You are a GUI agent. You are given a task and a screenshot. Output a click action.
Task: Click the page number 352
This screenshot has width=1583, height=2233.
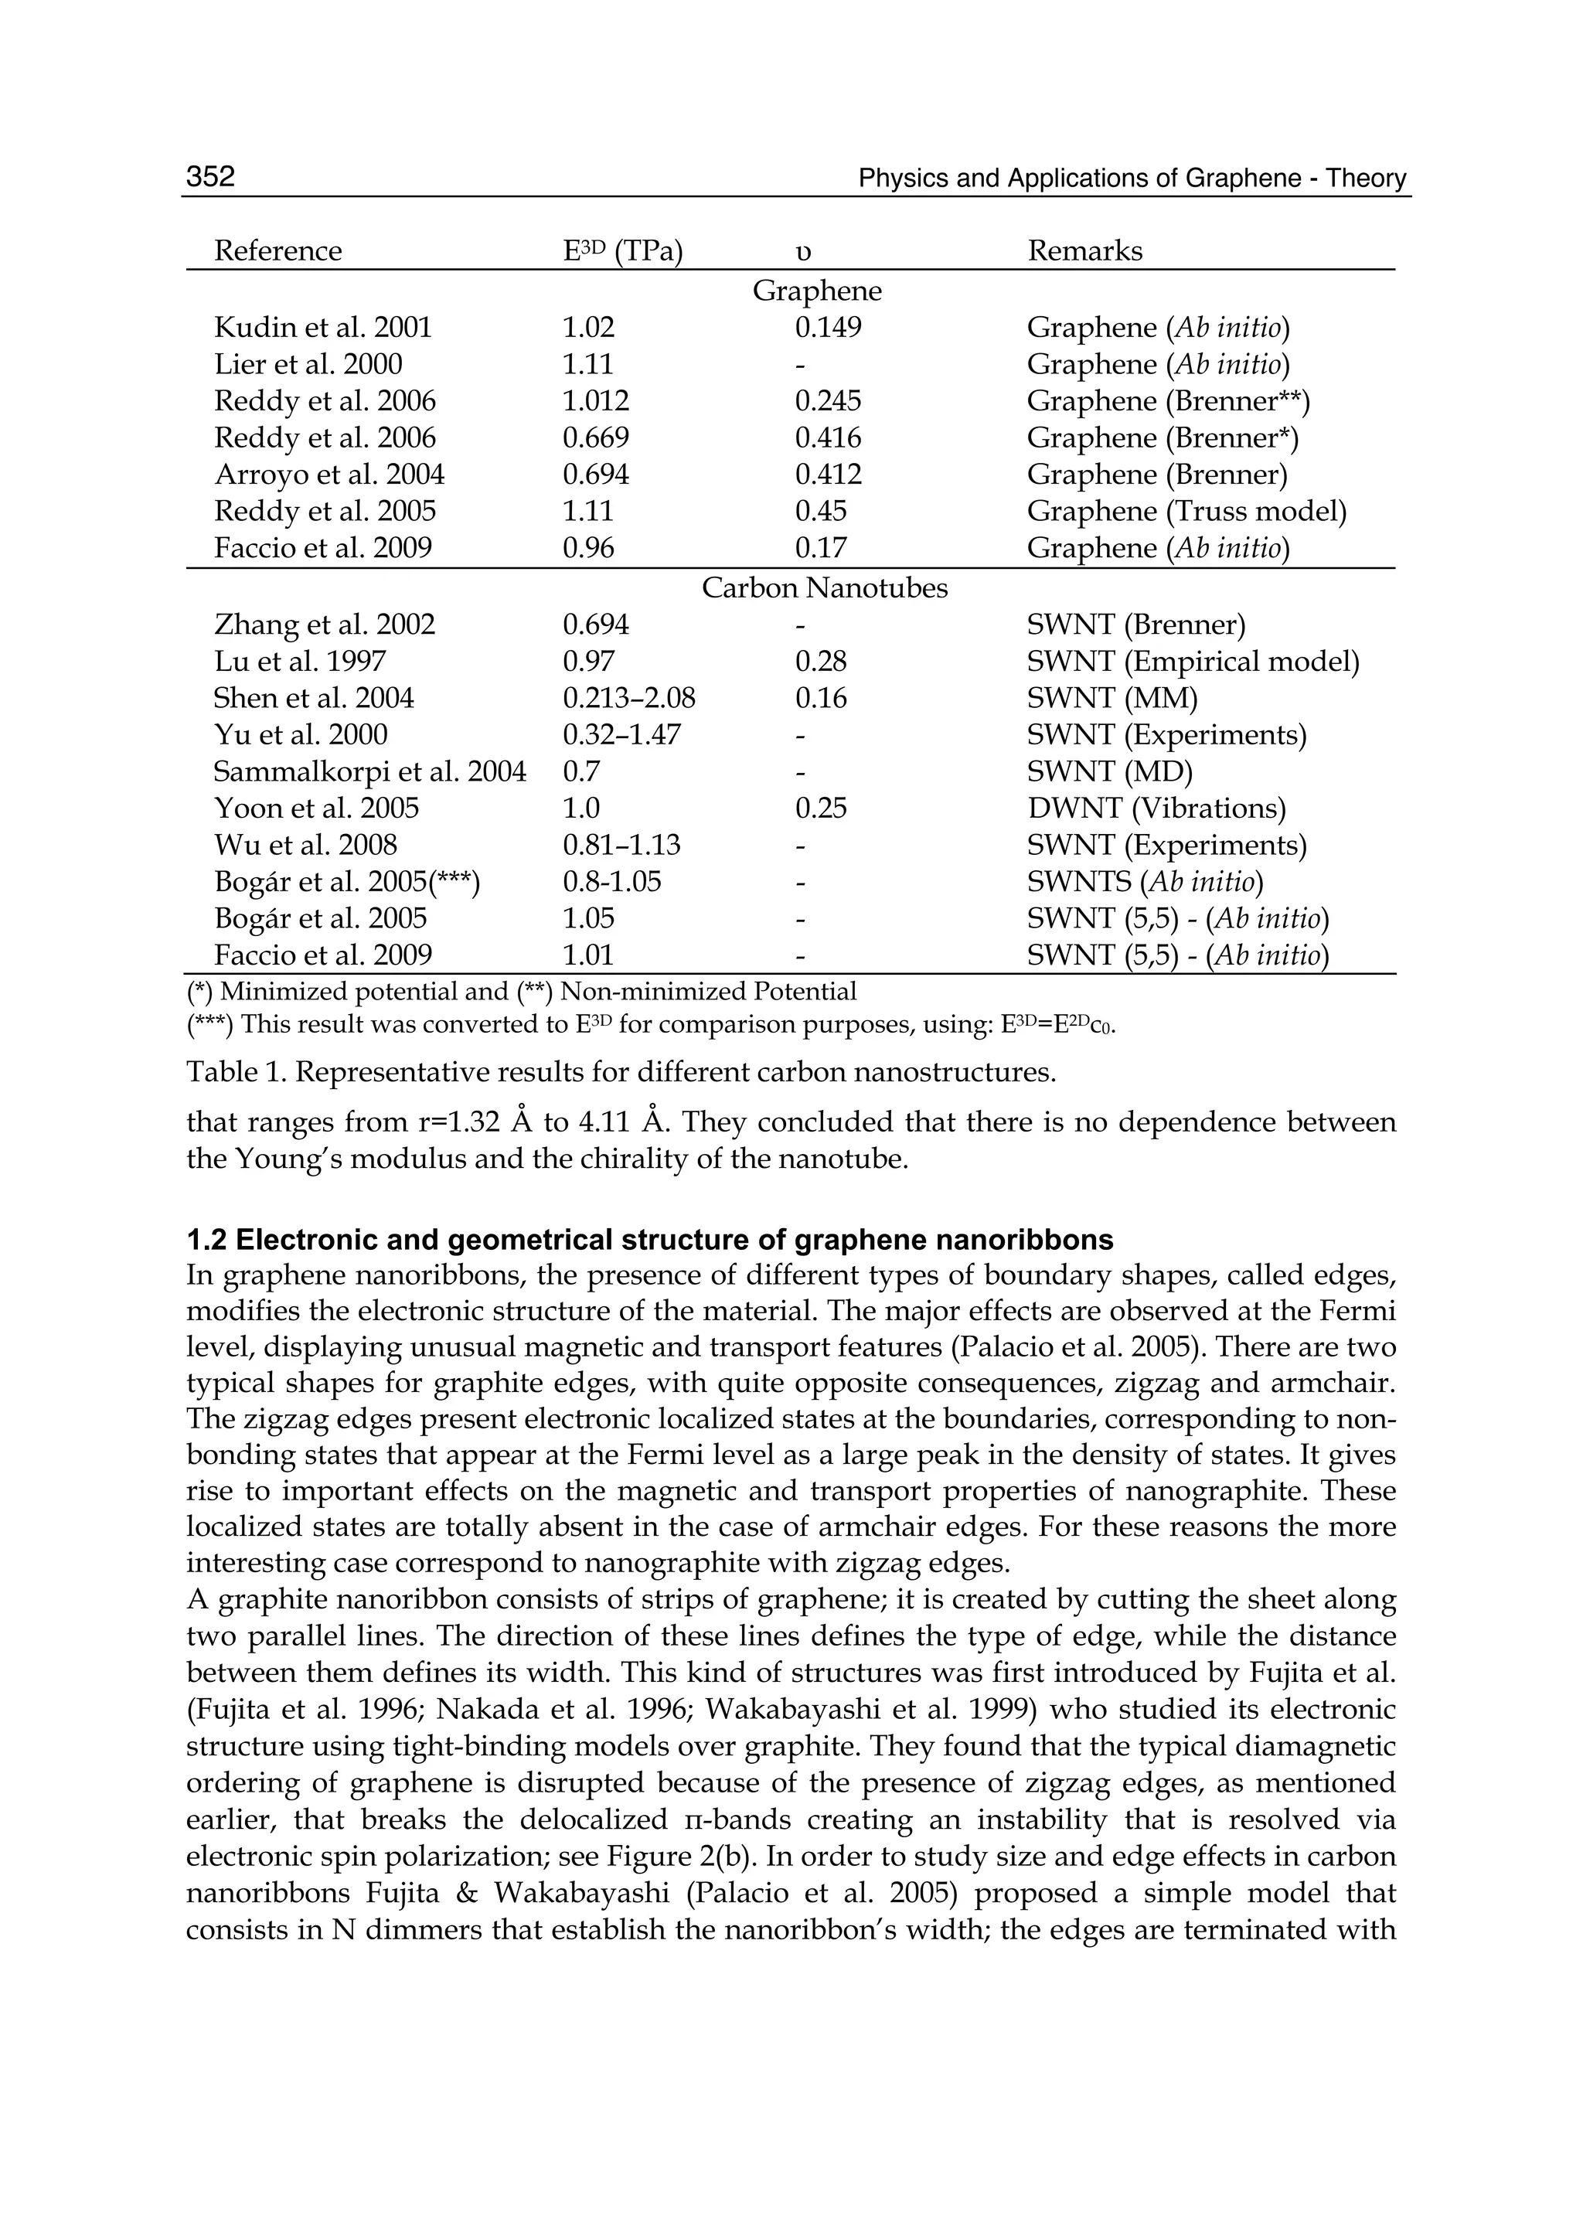coord(210,176)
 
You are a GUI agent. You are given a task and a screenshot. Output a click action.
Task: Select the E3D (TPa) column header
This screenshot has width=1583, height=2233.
coord(622,251)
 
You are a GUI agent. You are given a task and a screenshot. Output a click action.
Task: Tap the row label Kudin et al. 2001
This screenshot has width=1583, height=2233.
coord(322,328)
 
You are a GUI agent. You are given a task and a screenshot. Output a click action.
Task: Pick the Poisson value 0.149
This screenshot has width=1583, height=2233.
coord(828,328)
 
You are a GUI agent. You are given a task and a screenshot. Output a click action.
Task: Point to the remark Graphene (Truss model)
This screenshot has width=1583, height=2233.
coord(1186,511)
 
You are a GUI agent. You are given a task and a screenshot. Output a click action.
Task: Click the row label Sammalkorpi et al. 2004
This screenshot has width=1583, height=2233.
coord(369,772)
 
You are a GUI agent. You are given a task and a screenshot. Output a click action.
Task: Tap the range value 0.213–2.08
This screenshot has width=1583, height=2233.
coord(628,698)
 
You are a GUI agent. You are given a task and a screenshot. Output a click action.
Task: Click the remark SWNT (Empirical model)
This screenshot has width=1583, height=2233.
coord(1192,662)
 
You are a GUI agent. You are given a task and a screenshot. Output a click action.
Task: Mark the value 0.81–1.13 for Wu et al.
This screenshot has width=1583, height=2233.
coord(621,845)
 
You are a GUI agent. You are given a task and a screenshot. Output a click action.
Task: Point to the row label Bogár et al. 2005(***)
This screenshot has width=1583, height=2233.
coord(347,882)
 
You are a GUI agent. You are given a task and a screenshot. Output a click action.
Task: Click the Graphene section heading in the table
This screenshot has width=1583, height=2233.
coord(817,291)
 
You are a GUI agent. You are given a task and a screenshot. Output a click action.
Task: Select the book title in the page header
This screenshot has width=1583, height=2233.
coord(1132,179)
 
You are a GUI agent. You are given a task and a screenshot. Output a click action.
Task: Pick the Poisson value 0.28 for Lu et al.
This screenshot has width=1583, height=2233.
coord(821,662)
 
